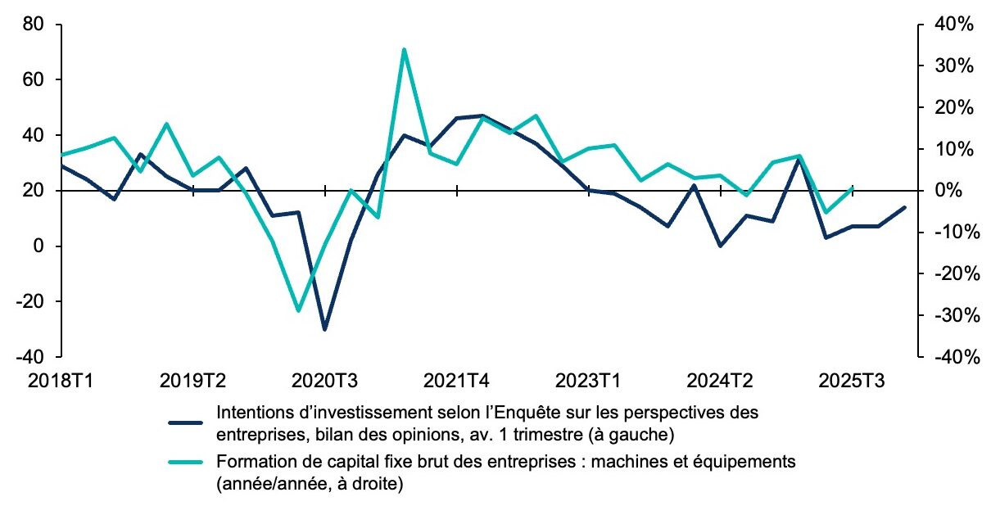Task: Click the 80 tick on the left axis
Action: click(x=34, y=25)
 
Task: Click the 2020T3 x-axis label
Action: click(x=325, y=381)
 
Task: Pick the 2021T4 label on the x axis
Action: click(x=456, y=381)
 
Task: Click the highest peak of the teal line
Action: click(x=404, y=49)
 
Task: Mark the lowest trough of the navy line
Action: click(x=325, y=329)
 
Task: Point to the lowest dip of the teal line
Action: click(x=298, y=311)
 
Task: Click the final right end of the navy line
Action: click(x=905, y=207)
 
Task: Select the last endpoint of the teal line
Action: click(x=853, y=187)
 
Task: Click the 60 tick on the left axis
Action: click(x=34, y=80)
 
